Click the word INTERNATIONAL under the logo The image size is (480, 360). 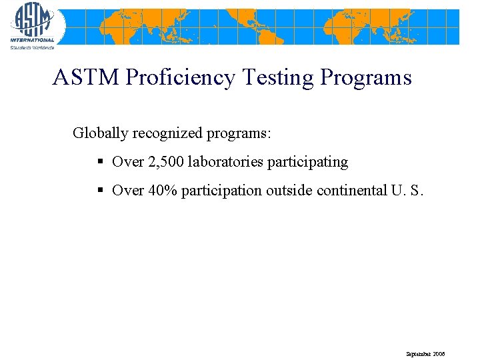pos(32,41)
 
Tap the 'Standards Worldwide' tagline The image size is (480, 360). pos(31,47)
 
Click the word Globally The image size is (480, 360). pos(100,133)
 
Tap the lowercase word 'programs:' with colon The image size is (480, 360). pos(239,133)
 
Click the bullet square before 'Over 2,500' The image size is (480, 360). pos(100,162)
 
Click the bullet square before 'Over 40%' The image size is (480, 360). pos(100,191)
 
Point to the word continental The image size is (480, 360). pos(351,191)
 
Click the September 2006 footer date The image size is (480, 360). pos(425,353)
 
